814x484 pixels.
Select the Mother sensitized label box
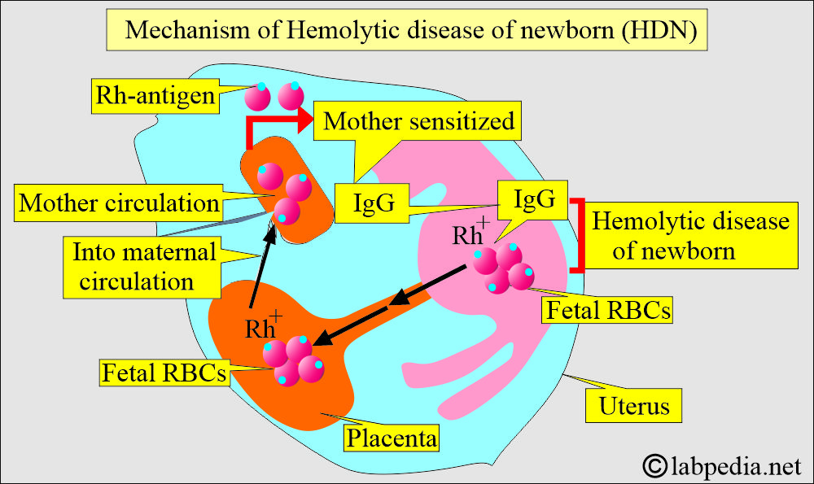tap(419, 121)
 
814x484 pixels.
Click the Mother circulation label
tap(119, 203)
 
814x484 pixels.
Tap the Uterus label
tap(632, 404)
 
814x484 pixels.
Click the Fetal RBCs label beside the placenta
tap(164, 373)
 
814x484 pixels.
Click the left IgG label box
tap(376, 203)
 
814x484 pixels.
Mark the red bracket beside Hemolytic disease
tap(579, 235)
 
